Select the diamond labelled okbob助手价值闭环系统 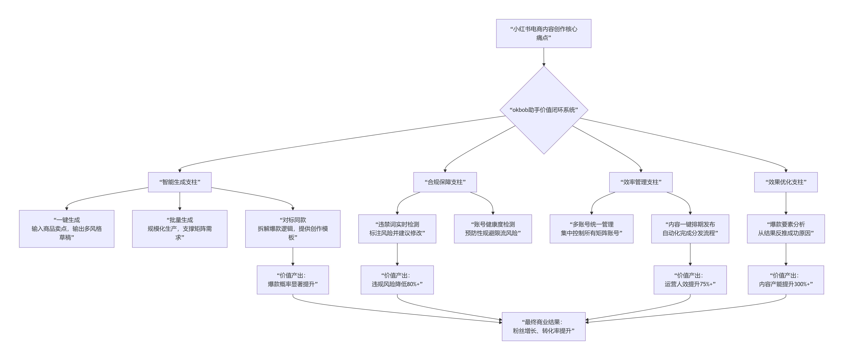click(x=544, y=110)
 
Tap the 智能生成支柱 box click(x=180, y=182)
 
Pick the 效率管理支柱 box click(x=641, y=182)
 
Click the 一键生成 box click(x=67, y=229)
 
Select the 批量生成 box click(x=180, y=229)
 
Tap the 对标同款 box click(x=293, y=229)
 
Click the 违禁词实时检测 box click(x=397, y=229)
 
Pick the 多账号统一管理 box click(x=591, y=229)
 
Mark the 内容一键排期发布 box click(x=690, y=229)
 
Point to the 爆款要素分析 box click(x=786, y=229)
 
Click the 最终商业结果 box click(x=544, y=326)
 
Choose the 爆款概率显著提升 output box click(x=293, y=280)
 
